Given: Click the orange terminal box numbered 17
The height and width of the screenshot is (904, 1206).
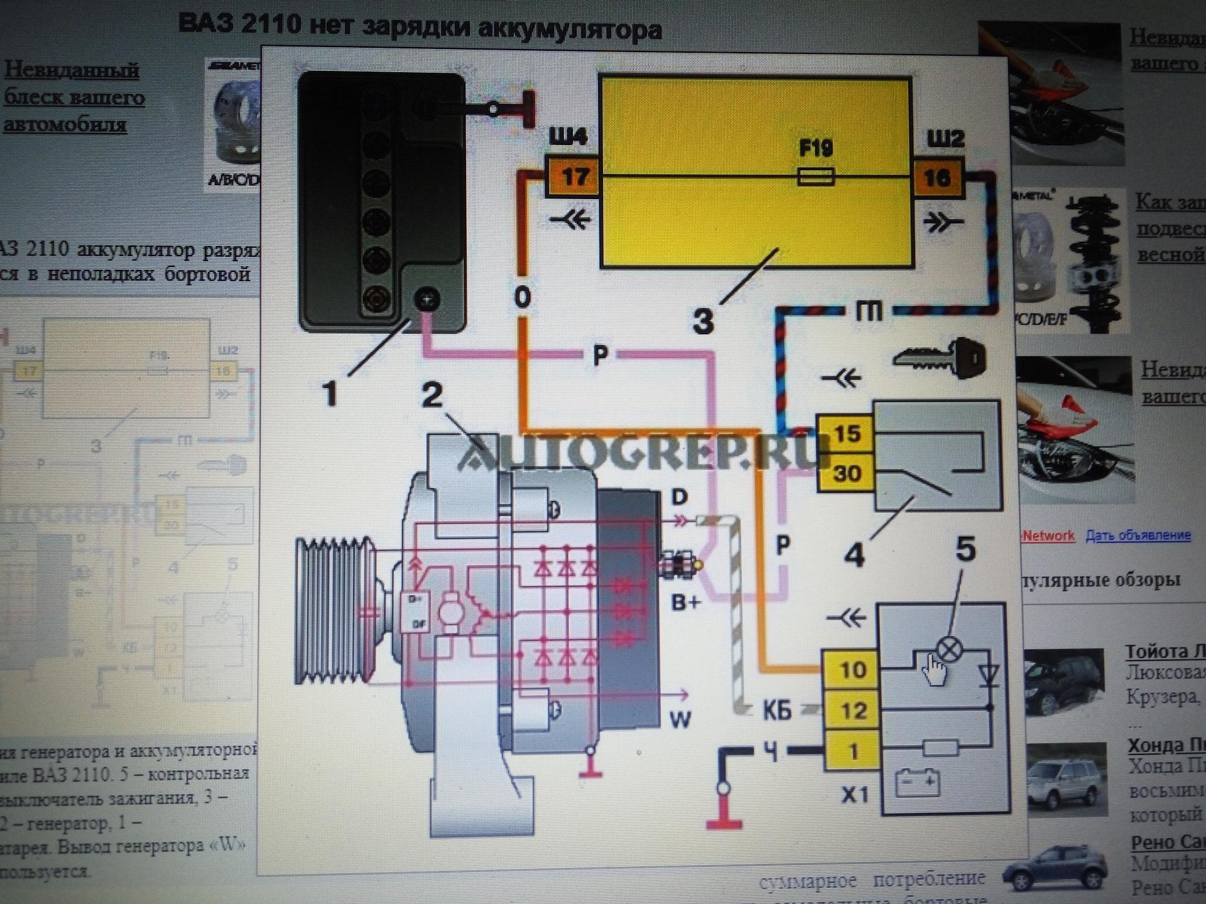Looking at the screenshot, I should [x=574, y=178].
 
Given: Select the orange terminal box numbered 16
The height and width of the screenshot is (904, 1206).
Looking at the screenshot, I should [x=937, y=178].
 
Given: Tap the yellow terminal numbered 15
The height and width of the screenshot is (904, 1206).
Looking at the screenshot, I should [x=846, y=433].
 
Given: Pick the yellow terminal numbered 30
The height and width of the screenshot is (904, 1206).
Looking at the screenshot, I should [x=846, y=473].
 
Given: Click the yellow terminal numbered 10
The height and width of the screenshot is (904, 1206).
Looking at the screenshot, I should [x=852, y=670].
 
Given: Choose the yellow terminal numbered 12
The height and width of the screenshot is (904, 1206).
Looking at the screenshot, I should [x=852, y=711].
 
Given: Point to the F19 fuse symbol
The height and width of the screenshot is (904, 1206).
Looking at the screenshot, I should [x=816, y=178].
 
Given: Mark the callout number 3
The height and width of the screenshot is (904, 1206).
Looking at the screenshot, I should [x=703, y=321].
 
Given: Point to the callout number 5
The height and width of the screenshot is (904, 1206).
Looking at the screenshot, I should [x=965, y=549].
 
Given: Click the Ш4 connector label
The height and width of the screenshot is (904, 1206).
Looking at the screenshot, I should [x=568, y=137].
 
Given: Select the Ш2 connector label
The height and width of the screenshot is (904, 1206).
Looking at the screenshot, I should [x=945, y=137].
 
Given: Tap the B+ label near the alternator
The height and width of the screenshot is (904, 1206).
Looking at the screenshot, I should [x=685, y=603].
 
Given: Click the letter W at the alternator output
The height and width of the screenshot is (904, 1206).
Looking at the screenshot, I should [x=680, y=719].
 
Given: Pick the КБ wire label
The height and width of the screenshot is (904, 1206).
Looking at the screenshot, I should [x=777, y=711].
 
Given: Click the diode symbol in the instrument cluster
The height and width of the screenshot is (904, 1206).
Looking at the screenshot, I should [x=989, y=676].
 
